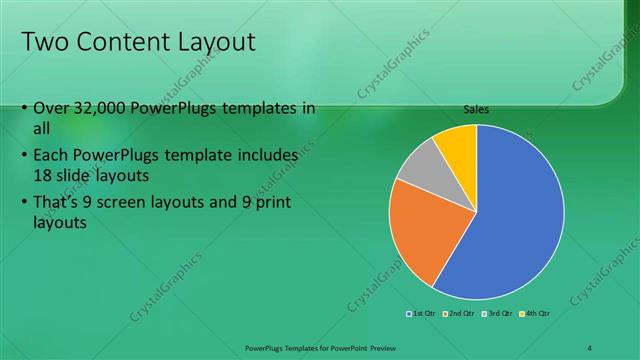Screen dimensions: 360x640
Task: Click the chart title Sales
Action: (x=476, y=110)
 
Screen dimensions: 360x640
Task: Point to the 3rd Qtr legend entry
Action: (x=497, y=314)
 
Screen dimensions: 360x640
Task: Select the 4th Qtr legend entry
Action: (x=535, y=314)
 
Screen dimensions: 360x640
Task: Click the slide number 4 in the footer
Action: (x=590, y=348)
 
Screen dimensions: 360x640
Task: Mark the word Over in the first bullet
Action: (x=52, y=109)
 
